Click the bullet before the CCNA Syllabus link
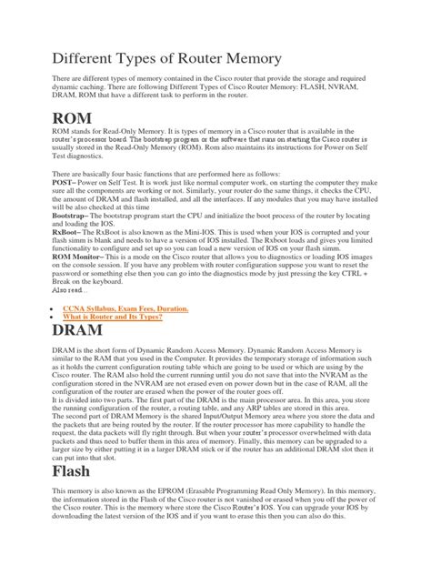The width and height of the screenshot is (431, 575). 46,309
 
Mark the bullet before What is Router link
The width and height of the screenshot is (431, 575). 46,318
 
